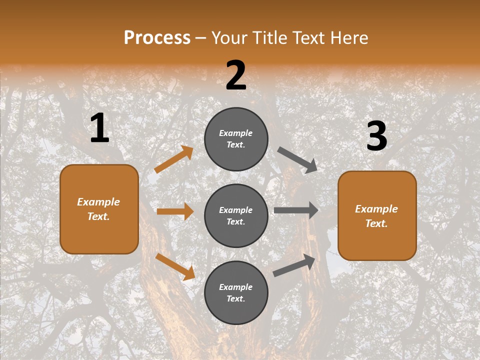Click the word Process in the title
coord(157,37)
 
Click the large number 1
coord(99,128)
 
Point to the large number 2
coord(236,76)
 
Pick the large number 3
coord(376,136)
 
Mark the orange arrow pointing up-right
coord(174,159)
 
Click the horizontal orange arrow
coord(175,211)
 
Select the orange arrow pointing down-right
coord(175,266)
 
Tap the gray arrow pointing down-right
coord(297,160)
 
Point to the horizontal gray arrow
coord(296,210)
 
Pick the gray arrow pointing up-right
coord(294,265)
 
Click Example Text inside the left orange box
coord(98,209)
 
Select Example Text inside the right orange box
coord(376,216)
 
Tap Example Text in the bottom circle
coord(236,293)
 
